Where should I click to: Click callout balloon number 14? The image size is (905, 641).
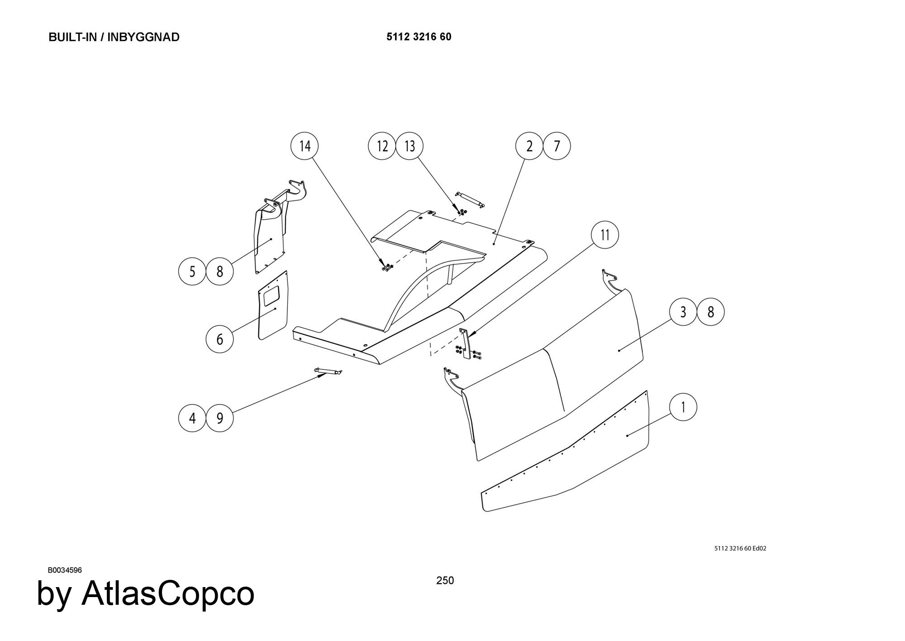(305, 146)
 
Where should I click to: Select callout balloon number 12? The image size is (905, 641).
(382, 146)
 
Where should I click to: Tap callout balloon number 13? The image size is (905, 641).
(410, 146)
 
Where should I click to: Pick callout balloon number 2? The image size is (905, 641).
(529, 146)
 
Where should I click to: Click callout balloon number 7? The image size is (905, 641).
(557, 146)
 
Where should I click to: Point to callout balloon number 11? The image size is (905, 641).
(605, 235)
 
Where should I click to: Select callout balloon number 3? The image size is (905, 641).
(683, 312)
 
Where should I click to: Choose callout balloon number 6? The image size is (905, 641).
(219, 339)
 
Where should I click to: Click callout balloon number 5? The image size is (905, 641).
(192, 271)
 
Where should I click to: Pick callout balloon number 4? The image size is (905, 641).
(192, 418)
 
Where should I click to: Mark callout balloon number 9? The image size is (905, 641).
(219, 418)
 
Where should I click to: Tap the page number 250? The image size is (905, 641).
(445, 580)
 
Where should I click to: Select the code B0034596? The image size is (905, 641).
(65, 570)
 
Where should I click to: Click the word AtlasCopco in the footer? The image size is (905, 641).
(167, 593)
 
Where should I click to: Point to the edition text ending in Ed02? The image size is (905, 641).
(740, 549)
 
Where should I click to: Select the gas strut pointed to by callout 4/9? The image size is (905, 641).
(328, 371)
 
